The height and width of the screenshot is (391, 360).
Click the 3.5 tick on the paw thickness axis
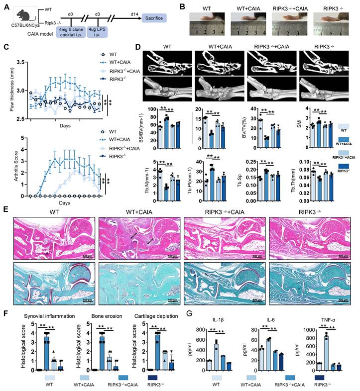coord(19,63)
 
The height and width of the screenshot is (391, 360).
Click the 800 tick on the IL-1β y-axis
coord(200,329)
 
